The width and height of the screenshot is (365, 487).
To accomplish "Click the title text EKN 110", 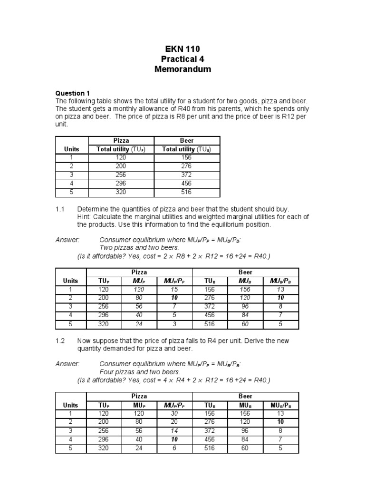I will click(182, 49).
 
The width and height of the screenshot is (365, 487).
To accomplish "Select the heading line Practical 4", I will click(182, 59).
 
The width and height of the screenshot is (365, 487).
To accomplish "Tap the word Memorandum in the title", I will click(182, 69).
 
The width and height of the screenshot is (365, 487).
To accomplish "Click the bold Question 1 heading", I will click(72, 93).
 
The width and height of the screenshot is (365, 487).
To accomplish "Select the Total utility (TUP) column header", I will click(121, 149).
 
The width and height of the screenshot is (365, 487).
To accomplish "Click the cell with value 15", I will click(175, 289).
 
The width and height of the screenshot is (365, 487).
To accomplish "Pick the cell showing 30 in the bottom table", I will click(175, 413).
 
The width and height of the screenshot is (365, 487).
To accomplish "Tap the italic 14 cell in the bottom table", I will click(175, 430).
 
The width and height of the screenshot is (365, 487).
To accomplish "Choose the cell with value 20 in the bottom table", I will click(175, 421).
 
